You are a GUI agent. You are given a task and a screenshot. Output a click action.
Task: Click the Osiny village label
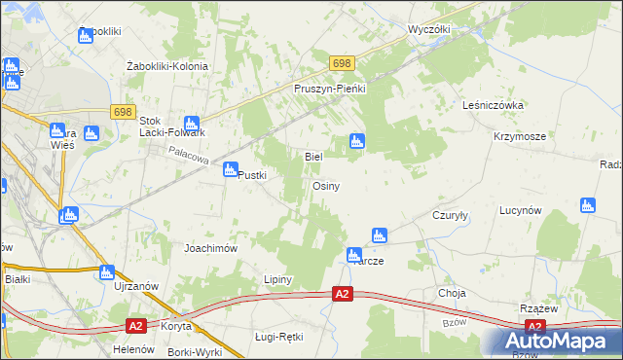325,186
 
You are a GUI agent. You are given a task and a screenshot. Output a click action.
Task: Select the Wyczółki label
428,29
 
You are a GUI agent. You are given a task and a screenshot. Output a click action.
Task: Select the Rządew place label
538,306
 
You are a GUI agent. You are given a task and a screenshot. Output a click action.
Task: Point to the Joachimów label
211,248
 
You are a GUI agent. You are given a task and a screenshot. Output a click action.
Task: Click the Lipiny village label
278,279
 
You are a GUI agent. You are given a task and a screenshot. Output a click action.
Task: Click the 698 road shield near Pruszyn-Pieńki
341,63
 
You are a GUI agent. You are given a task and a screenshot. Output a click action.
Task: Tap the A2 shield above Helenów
137,327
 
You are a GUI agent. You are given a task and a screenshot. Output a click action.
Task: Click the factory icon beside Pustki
231,170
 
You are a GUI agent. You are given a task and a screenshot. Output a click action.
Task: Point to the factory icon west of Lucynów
587,205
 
